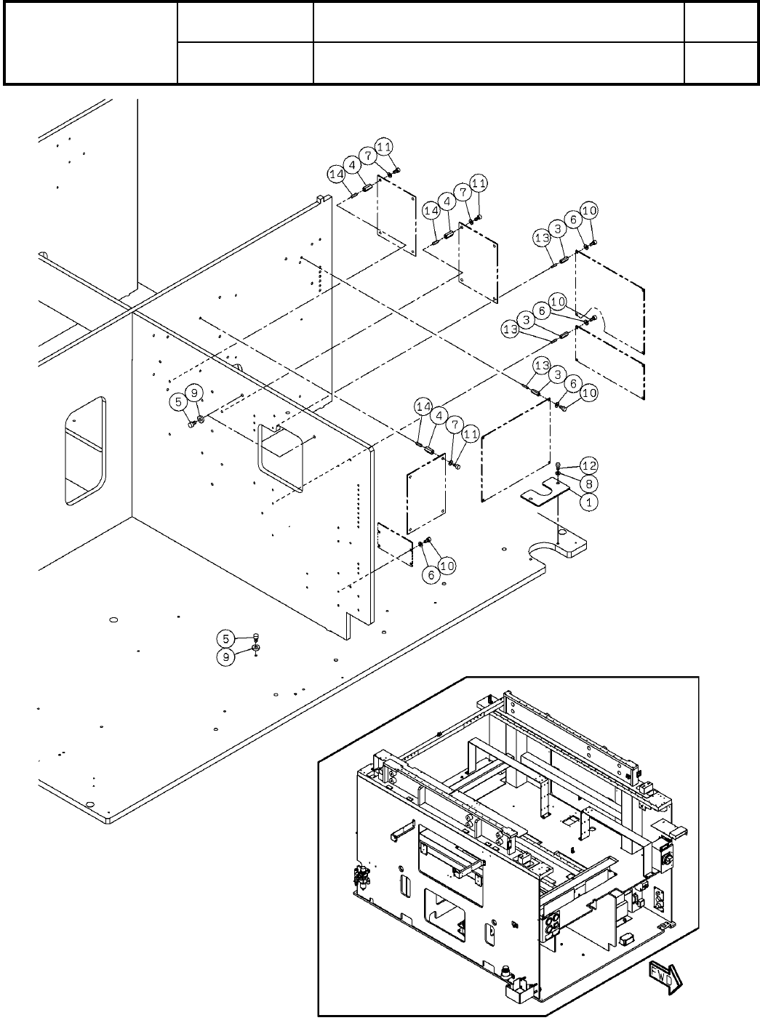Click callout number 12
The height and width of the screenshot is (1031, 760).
click(x=589, y=465)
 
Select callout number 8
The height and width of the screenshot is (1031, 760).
click(x=589, y=483)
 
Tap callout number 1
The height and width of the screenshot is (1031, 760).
click(x=589, y=501)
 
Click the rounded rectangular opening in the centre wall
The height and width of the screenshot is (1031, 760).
click(x=280, y=458)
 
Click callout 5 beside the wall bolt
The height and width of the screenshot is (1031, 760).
click(x=179, y=401)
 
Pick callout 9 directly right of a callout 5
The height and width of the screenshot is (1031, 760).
click(x=195, y=393)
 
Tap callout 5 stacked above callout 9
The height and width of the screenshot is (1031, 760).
click(x=225, y=638)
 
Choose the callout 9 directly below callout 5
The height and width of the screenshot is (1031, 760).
click(x=225, y=657)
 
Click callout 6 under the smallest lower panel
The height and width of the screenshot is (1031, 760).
click(x=431, y=574)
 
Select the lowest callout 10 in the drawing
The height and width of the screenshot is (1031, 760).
click(x=447, y=565)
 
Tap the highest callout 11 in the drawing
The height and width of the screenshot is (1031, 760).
click(x=385, y=145)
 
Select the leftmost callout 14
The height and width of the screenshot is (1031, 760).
click(x=335, y=174)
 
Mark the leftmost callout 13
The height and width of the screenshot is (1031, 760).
click(x=510, y=329)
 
